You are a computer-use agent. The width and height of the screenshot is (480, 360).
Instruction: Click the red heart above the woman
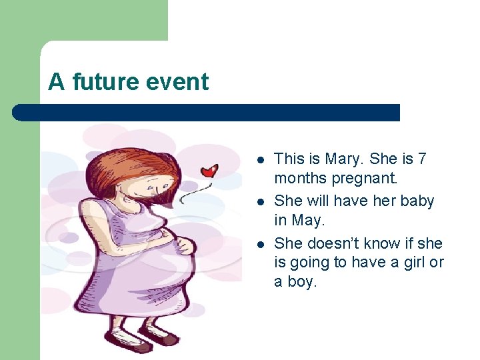(x=210, y=171)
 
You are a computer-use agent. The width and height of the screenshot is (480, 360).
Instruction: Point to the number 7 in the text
(x=421, y=159)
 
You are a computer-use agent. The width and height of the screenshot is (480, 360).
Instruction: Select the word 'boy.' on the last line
(x=302, y=282)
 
